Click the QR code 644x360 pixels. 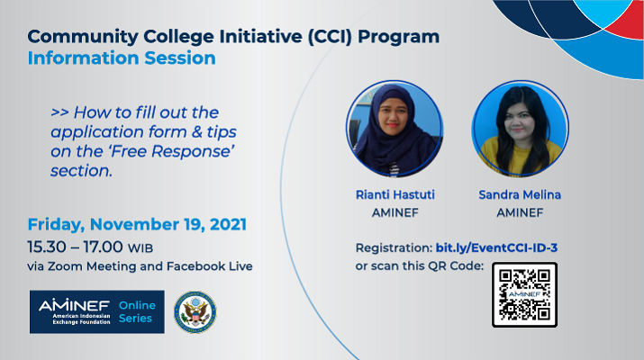[x=524, y=294]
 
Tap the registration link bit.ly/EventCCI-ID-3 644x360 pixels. [x=496, y=247]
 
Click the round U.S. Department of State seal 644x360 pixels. [x=195, y=312]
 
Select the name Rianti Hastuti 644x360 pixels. [x=395, y=194]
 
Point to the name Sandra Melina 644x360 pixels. [x=520, y=194]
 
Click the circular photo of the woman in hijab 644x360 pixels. [x=395, y=129]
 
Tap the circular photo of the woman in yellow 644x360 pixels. [x=520, y=129]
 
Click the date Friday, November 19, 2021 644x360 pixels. [x=137, y=224]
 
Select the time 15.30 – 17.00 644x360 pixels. [x=75, y=247]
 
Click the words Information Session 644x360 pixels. [x=122, y=58]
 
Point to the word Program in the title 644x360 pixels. [x=398, y=37]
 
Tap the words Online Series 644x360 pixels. [x=137, y=311]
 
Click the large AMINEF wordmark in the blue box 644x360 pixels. [x=75, y=305]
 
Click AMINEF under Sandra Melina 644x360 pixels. [x=520, y=212]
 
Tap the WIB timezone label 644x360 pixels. [x=141, y=248]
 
